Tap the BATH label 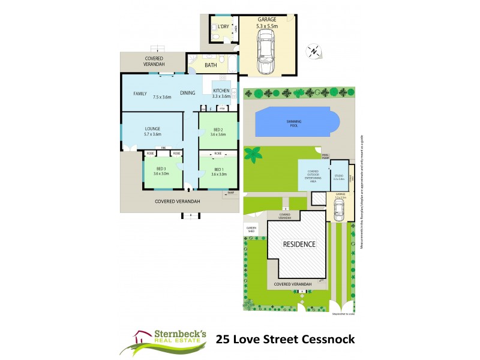point(211,65)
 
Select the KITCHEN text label point(221,91)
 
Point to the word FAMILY point(140,94)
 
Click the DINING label point(187,93)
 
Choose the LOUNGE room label point(151,129)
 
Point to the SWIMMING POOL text point(293,123)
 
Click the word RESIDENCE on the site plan point(299,244)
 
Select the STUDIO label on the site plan point(338,176)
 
